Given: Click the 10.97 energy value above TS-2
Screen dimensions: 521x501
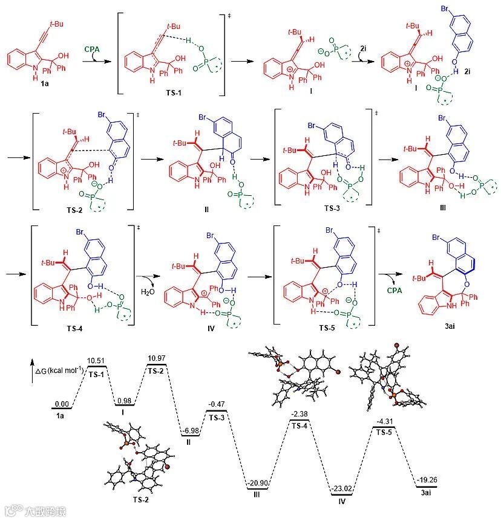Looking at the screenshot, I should tap(157, 360).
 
